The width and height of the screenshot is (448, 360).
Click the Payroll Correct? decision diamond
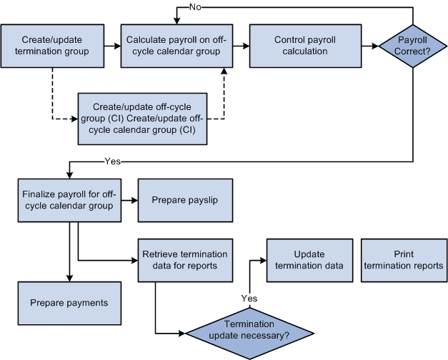(412, 46)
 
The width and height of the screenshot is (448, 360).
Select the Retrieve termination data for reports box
(184, 259)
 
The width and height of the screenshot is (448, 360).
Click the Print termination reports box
(404, 259)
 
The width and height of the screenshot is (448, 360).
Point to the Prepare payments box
(69, 303)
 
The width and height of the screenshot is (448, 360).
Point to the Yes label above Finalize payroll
(113, 161)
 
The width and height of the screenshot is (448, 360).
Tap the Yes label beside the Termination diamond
(249, 298)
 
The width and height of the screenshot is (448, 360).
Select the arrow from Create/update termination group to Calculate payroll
(111, 46)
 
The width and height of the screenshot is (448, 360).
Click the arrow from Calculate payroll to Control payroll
(239, 46)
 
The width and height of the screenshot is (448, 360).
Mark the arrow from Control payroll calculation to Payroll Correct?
(369, 46)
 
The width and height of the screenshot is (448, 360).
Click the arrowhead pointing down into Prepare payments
(69, 277)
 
